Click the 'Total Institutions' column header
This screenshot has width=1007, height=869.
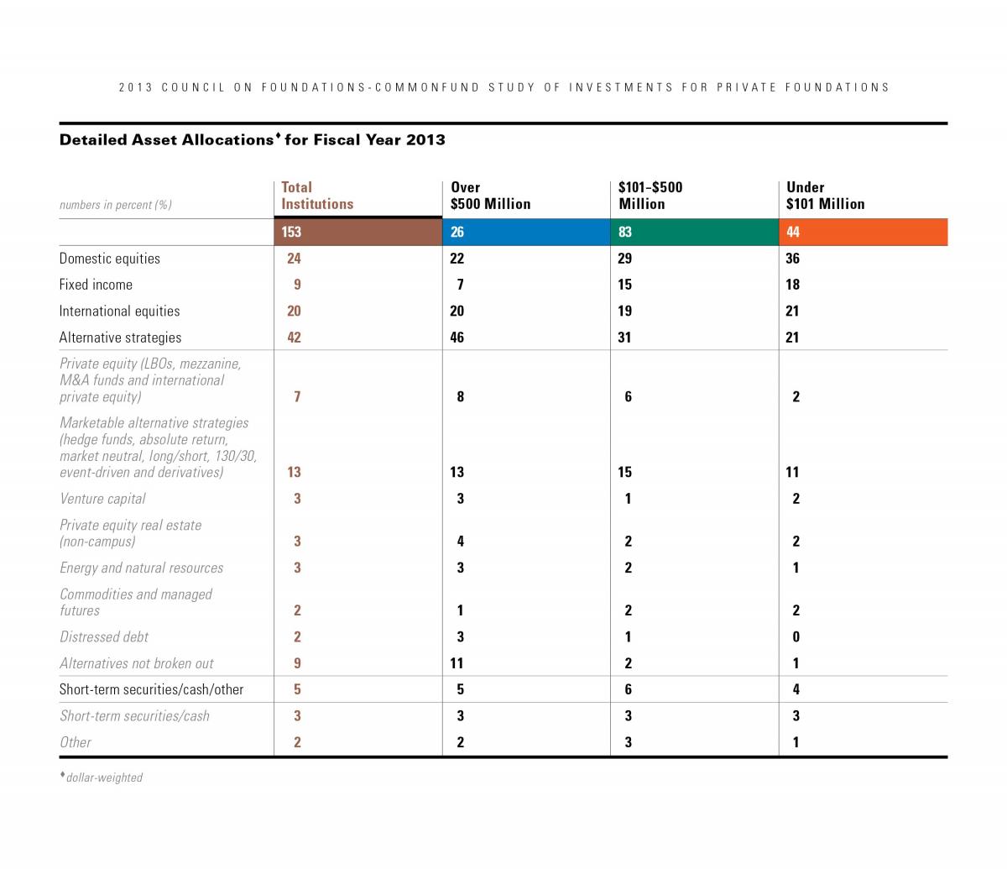click(317, 196)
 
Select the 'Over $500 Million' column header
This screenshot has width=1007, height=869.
click(490, 196)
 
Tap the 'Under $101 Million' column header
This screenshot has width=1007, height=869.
click(825, 196)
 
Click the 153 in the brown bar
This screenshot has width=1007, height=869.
click(291, 232)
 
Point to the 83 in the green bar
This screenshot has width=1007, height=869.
click(625, 232)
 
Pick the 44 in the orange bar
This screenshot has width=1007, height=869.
click(793, 232)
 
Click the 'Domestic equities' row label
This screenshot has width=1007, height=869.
click(110, 259)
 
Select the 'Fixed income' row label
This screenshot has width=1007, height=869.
click(96, 285)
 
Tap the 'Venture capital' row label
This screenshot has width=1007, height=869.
click(102, 499)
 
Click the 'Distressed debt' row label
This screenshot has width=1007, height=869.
click(104, 637)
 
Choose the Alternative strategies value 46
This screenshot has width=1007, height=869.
click(457, 338)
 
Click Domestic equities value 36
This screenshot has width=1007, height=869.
click(793, 259)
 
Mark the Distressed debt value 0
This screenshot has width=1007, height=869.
click(796, 637)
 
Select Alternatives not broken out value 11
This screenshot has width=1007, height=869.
click(457, 663)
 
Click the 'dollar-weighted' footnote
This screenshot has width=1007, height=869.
click(104, 777)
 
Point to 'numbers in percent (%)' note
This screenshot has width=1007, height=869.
click(116, 205)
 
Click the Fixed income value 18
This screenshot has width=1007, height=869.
click(793, 285)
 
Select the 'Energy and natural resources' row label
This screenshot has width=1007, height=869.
click(141, 568)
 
